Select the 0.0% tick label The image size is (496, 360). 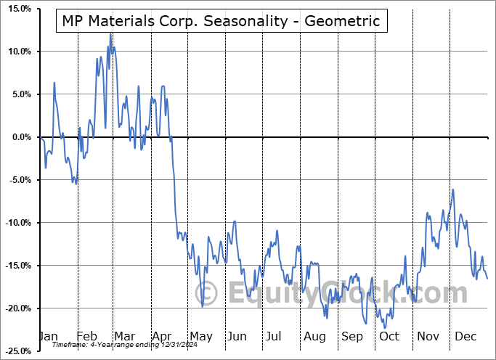[20, 137]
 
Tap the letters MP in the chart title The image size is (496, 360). [71, 20]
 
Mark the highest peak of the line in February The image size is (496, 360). [110, 33]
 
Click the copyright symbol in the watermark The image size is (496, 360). [208, 294]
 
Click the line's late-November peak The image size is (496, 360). [453, 189]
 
